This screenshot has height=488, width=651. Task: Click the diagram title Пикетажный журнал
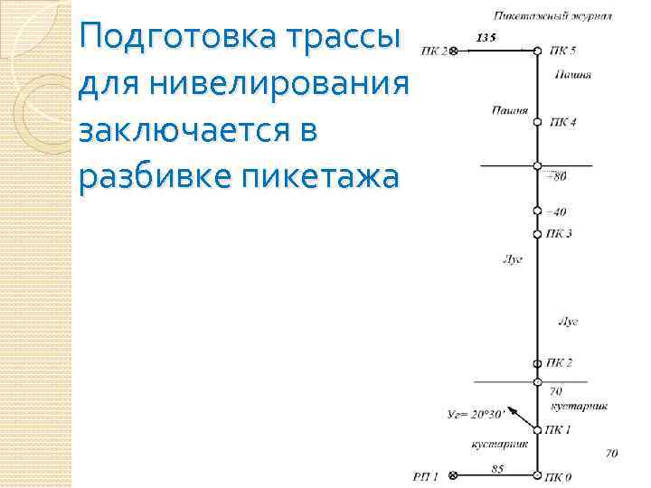[553, 15]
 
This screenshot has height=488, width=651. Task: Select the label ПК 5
[561, 51]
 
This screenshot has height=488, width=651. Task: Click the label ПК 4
[561, 122]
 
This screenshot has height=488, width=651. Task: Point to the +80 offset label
[557, 176]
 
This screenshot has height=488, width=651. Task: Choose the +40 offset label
[556, 212]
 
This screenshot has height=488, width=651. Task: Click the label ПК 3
[559, 234]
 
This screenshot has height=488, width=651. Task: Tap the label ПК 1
[558, 429]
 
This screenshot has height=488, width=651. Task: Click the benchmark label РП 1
[425, 476]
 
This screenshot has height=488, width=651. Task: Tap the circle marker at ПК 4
[537, 121]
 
